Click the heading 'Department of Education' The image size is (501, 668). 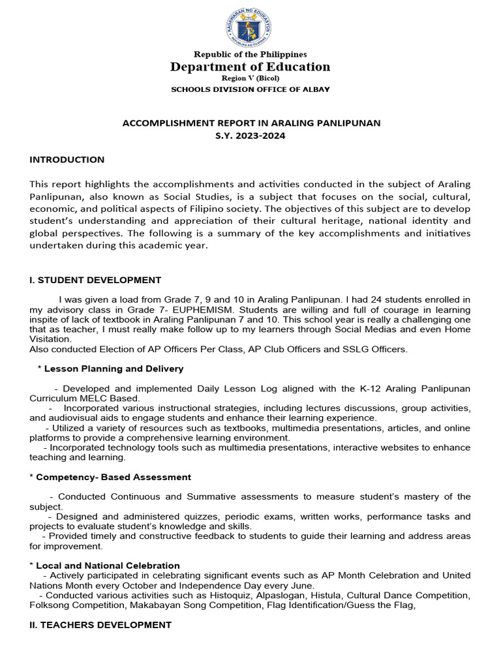250,67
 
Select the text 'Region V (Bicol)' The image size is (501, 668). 250,78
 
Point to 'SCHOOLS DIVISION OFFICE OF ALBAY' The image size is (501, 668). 250,89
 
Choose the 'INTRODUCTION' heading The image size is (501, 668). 67,160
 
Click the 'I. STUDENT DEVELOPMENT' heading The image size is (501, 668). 95,280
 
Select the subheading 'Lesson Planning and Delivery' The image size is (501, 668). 113,369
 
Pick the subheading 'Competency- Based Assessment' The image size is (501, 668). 113,477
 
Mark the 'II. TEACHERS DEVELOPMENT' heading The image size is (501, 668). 100,624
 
